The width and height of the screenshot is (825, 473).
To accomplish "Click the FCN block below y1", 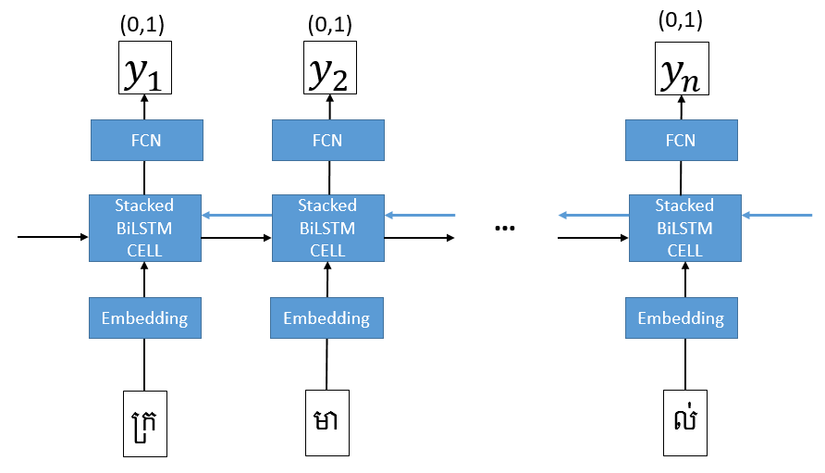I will click(144, 141).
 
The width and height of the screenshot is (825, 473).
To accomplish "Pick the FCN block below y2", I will click(326, 141).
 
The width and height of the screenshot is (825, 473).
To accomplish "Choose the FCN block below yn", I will click(681, 141).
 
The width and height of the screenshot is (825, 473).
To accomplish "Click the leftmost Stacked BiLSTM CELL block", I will click(144, 228).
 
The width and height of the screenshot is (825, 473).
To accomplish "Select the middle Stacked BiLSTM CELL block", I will click(326, 228).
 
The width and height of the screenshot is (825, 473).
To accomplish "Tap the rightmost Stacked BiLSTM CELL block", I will click(684, 228).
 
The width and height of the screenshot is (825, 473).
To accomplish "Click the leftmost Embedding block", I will click(144, 318).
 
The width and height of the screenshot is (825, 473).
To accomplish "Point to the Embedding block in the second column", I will click(326, 318).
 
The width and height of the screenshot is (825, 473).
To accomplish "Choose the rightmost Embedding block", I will click(681, 318).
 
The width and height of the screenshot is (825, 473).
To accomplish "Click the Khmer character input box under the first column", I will click(144, 424).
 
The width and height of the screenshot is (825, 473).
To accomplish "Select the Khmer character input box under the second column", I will click(326, 424).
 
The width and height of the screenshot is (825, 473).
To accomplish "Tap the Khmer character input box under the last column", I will click(684, 424).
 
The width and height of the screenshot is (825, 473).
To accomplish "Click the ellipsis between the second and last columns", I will click(505, 228).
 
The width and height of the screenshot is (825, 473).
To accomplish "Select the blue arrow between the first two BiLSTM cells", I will click(237, 217).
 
